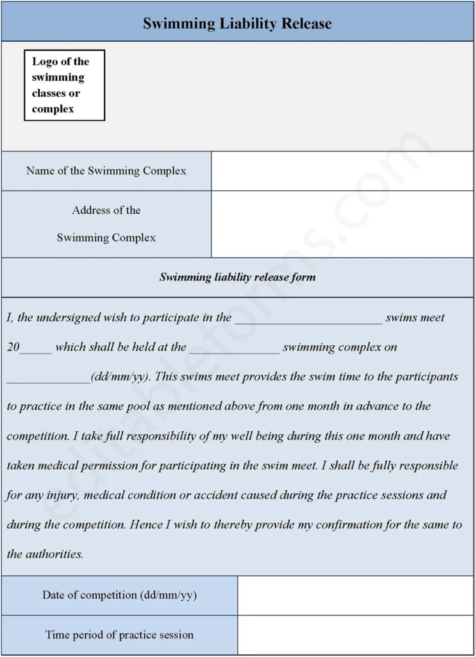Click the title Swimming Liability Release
237,24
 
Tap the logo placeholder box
64,85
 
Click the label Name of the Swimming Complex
106,171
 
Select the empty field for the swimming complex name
342,171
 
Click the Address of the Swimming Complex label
106,223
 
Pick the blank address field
342,223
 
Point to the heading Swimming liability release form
237,277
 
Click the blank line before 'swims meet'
308,318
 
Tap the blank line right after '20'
36,348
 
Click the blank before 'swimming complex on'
234,348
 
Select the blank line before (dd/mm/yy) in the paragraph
49,378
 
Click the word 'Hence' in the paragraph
147,525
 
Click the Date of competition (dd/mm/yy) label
119,595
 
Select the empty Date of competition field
355,595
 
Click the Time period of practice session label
119,635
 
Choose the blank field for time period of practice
355,635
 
